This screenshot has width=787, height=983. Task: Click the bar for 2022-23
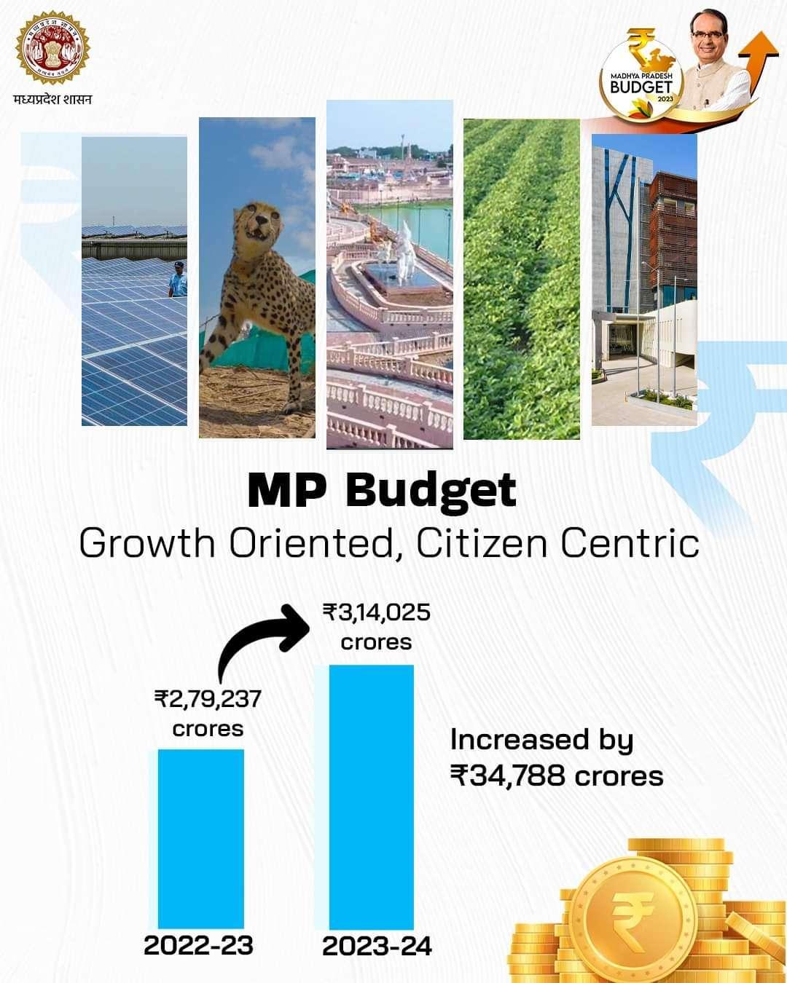pyautogui.click(x=201, y=837)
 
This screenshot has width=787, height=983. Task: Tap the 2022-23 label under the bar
pyautogui.click(x=198, y=945)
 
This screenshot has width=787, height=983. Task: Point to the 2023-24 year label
pyautogui.click(x=377, y=947)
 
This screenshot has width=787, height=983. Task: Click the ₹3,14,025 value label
pyautogui.click(x=377, y=612)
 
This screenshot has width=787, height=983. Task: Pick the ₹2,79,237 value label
pyautogui.click(x=208, y=700)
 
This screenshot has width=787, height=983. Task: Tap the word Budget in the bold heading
pyautogui.click(x=431, y=491)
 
